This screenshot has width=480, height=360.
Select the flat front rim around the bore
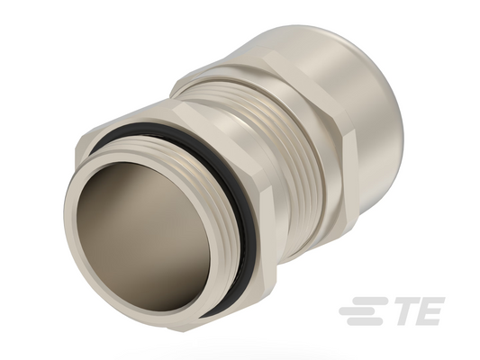(70, 232)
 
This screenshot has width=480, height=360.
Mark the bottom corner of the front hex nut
(184, 332)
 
